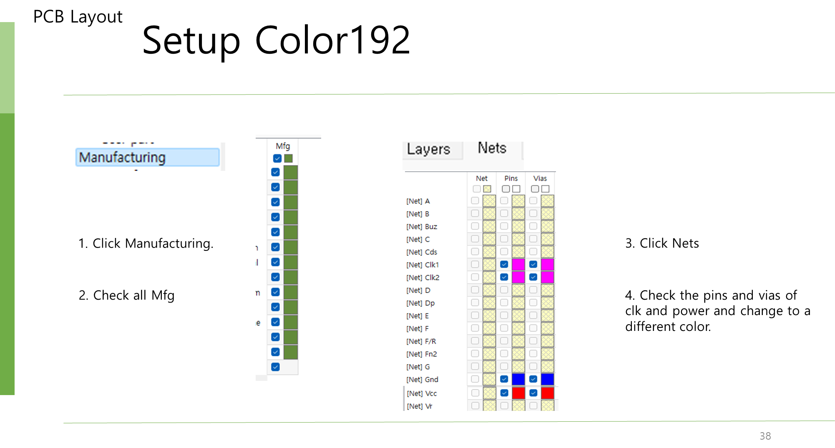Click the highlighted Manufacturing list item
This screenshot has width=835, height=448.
click(x=147, y=158)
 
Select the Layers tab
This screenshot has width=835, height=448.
click(x=429, y=149)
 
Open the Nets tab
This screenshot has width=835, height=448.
click(x=492, y=148)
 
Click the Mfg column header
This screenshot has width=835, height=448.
click(x=282, y=146)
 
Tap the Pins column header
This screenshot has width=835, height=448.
click(x=511, y=178)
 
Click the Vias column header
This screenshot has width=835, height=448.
click(x=540, y=178)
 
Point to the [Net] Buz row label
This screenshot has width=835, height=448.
click(x=422, y=227)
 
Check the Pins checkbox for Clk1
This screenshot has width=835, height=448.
click(x=504, y=264)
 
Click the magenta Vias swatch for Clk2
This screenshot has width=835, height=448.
click(x=547, y=277)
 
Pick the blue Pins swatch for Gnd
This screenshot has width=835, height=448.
click(x=518, y=379)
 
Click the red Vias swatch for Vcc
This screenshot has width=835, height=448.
click(x=547, y=393)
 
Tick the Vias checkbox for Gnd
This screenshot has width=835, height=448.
click(x=533, y=379)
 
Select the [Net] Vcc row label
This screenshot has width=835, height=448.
click(x=422, y=393)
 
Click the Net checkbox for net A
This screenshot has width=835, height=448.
click(x=475, y=201)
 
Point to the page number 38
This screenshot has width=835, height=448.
click(x=765, y=436)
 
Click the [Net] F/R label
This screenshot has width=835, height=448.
click(x=421, y=341)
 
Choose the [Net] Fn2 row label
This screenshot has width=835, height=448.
click(x=422, y=354)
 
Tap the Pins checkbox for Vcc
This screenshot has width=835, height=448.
click(x=504, y=393)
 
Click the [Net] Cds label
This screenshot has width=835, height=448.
click(x=422, y=252)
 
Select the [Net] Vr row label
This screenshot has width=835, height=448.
click(x=420, y=406)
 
